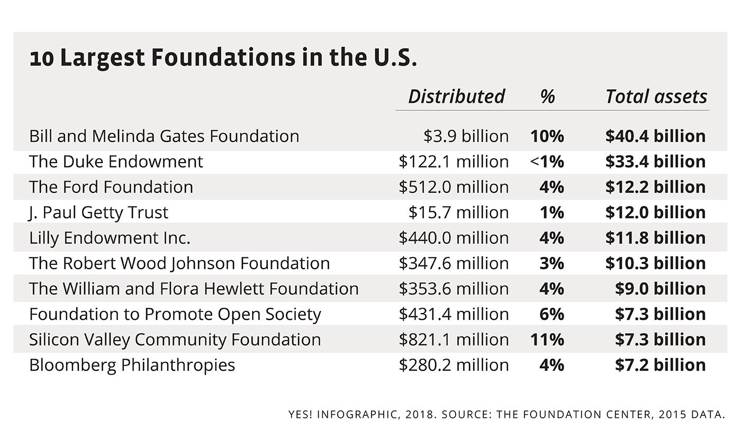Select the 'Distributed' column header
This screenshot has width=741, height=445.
coord(456,97)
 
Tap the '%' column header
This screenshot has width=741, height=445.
coord(548,97)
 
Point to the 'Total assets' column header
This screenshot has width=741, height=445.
coord(656,97)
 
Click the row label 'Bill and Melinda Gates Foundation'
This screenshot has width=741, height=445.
coord(164,137)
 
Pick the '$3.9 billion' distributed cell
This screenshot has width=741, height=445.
coord(466,137)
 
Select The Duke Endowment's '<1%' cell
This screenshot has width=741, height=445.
coord(547,162)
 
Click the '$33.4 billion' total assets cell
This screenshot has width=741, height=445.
coord(655,162)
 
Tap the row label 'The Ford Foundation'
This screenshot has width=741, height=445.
coord(111,188)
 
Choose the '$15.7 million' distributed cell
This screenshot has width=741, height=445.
coord(458,213)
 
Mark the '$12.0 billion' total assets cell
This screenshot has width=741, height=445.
coord(655,213)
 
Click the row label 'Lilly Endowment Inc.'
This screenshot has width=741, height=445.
coord(110,238)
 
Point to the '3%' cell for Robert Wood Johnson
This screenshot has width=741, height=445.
coord(552,264)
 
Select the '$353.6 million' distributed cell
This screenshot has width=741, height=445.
coord(454,289)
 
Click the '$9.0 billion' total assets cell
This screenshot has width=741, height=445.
coord(660,289)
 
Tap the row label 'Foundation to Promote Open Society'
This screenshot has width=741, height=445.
coord(175,315)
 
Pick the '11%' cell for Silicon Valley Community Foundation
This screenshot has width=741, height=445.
coord(547,340)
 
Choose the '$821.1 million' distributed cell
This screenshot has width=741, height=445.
coord(454,340)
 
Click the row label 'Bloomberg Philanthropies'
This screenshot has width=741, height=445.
coord(132,366)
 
